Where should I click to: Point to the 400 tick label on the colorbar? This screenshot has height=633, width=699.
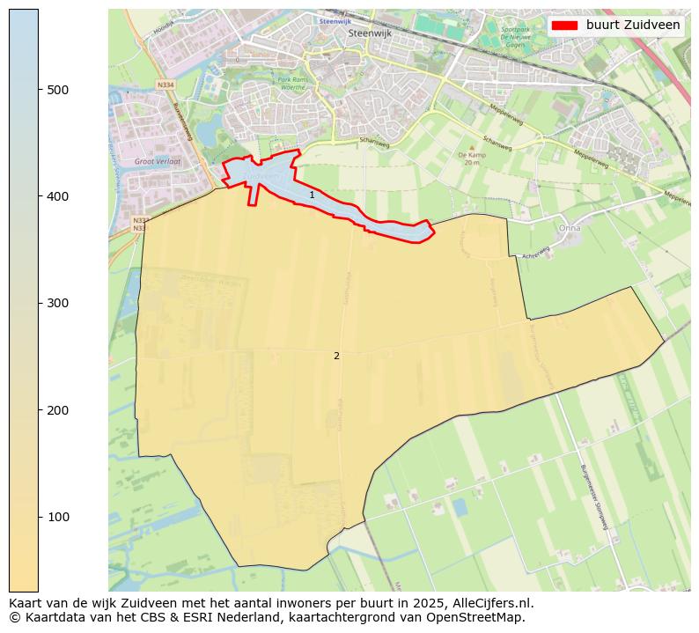pyautogui.click(x=58, y=196)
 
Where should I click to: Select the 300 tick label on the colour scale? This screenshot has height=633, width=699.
pyautogui.click(x=58, y=303)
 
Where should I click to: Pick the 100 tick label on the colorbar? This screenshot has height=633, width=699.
pyautogui.click(x=58, y=517)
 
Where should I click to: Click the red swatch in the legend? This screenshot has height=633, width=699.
pyautogui.click(x=564, y=26)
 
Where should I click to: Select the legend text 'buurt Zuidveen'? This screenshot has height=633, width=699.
pyautogui.click(x=633, y=26)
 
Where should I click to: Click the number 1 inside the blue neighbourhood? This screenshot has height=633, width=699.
pyautogui.click(x=312, y=195)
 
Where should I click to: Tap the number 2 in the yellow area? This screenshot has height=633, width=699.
pyautogui.click(x=336, y=356)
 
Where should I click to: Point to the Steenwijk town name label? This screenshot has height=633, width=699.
pyautogui.click(x=369, y=33)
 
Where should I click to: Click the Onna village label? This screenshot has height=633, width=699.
pyautogui.click(x=570, y=227)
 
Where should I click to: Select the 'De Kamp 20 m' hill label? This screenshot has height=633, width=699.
pyautogui.click(x=472, y=158)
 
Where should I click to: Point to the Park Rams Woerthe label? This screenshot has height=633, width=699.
pyautogui.click(x=291, y=83)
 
